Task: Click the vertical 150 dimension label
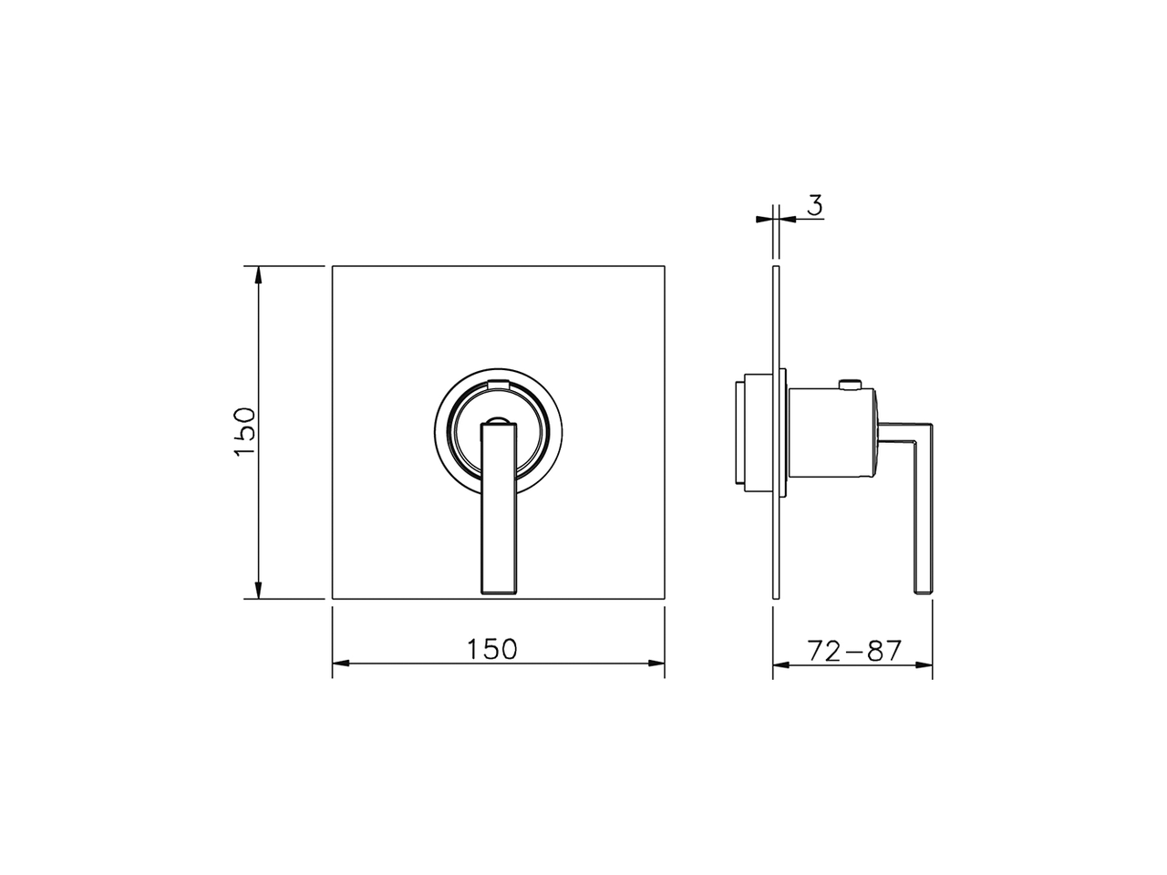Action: tap(244, 432)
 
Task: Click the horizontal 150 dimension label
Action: tap(492, 649)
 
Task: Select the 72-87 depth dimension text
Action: tap(854, 651)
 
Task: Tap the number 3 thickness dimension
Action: tap(815, 206)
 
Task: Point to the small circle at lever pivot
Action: tap(498, 422)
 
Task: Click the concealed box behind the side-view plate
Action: tap(753, 433)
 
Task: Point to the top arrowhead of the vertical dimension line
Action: tap(259, 273)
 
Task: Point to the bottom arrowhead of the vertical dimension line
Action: tap(259, 591)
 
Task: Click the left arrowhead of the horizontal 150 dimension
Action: tap(340, 664)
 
